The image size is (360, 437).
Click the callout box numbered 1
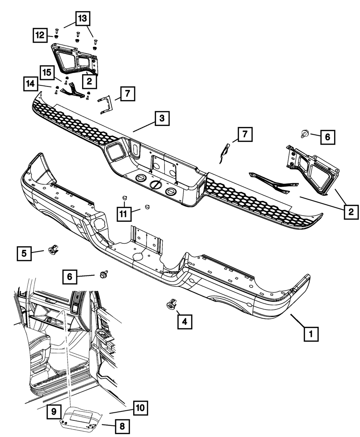(x=311, y=334)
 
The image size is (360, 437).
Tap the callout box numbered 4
(x=184, y=321)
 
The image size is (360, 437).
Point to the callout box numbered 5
(x=24, y=253)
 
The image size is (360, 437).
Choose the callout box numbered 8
(x=122, y=427)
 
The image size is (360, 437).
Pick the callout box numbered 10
(x=141, y=408)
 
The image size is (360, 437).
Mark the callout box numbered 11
(x=123, y=214)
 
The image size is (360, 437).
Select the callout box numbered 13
(x=83, y=19)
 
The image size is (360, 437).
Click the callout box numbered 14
(x=31, y=84)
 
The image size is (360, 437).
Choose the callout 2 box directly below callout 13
(x=89, y=81)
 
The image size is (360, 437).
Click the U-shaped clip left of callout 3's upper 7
(x=105, y=105)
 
